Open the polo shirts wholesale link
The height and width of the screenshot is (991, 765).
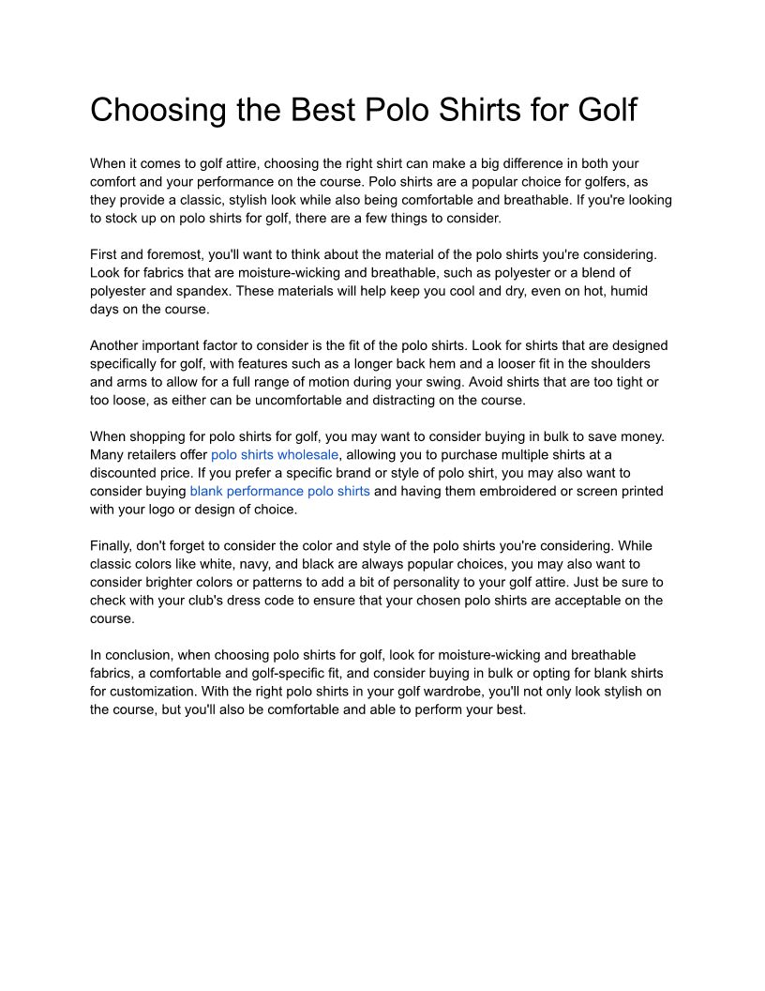click(x=274, y=454)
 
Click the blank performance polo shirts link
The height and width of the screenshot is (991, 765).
click(x=279, y=491)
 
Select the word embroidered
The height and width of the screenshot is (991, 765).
click(x=516, y=491)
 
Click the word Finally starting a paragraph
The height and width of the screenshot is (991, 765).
click(x=111, y=545)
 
